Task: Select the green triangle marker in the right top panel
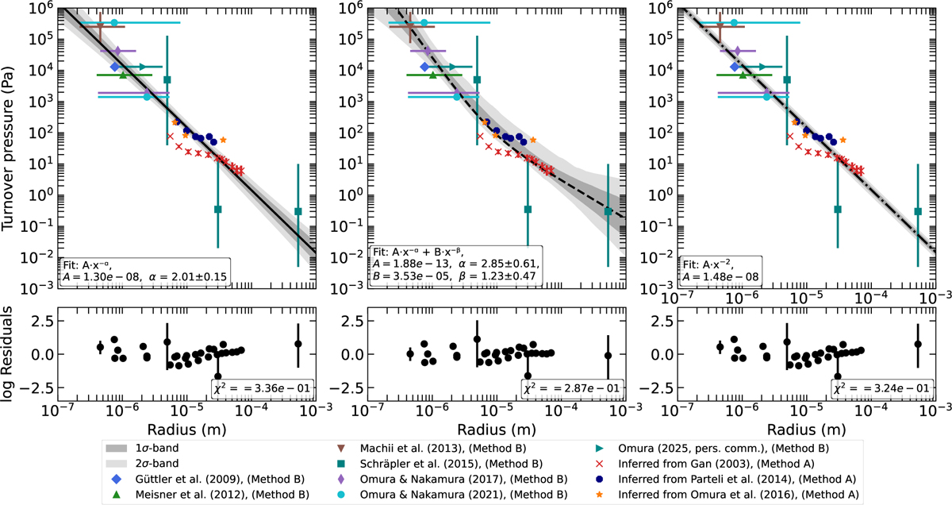pyautogui.click(x=743, y=75)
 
